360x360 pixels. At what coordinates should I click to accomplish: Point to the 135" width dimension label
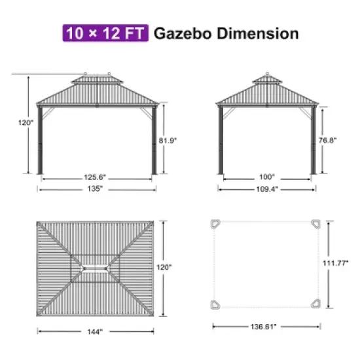click(96, 189)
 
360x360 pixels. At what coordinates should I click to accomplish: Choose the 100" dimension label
click(266, 177)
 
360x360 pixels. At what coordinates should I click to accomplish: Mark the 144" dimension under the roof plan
click(96, 331)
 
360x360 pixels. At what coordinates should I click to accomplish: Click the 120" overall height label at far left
click(25, 124)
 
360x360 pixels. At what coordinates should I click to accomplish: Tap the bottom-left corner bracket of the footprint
click(215, 303)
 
